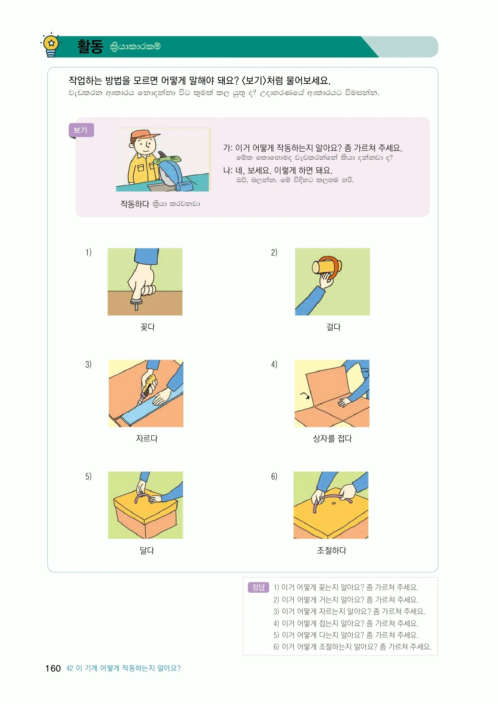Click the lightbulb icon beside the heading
point(51,45)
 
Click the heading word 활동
point(90,47)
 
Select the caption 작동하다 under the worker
point(135,204)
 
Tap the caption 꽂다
point(148,327)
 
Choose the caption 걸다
point(333,327)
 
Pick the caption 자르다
point(147,439)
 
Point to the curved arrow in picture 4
point(305,396)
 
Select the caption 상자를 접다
point(332,439)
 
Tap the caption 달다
point(147,551)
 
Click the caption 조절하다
point(331,551)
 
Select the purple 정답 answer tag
point(258,588)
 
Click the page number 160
point(53,668)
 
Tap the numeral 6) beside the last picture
point(274,476)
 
